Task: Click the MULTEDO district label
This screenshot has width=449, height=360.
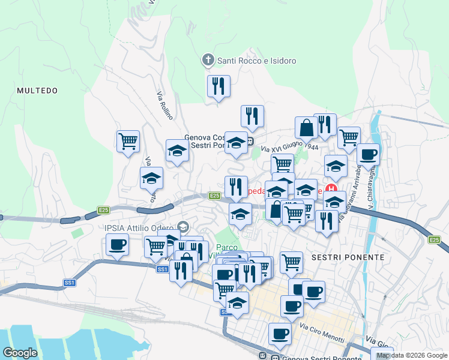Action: pos(37,91)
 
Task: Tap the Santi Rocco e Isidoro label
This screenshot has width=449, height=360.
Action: pos(257,61)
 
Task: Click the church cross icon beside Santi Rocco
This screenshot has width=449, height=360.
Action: pos(208,60)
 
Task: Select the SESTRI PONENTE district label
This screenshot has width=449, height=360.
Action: pos(348,257)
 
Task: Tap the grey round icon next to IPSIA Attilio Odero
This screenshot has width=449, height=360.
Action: pos(182,227)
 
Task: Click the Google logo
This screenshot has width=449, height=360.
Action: pos(20,353)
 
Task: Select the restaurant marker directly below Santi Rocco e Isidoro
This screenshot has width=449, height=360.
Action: pos(218,86)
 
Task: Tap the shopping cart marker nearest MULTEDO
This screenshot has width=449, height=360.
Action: pos(128,141)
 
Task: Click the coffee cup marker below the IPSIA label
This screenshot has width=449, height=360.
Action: pos(117,244)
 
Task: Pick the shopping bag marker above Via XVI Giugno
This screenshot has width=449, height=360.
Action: pos(306,127)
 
